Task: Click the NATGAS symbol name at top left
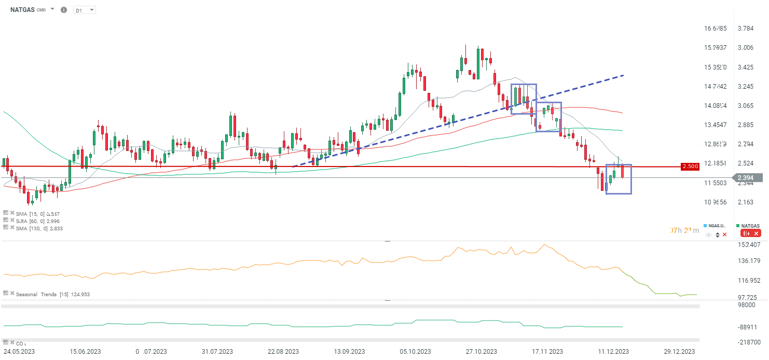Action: point(22,10)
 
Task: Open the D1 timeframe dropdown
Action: point(85,10)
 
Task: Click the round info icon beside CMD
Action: point(64,10)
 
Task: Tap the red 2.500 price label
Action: point(690,167)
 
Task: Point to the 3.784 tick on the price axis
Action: point(746,28)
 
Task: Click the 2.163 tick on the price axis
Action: point(746,202)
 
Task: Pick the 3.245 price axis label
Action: point(746,87)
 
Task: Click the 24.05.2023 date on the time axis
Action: point(20,352)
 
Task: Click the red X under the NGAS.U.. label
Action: point(724,235)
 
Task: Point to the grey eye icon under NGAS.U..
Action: point(709,235)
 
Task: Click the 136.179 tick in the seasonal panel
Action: point(749,261)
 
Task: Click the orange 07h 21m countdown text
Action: point(684,230)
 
